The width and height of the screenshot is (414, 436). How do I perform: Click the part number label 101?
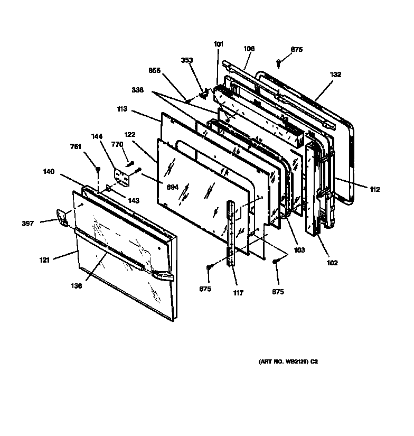(x=219, y=44)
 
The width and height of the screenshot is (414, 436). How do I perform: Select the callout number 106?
(x=249, y=49)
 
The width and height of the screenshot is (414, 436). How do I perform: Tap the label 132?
(x=335, y=75)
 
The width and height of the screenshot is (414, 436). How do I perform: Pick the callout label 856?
(x=154, y=70)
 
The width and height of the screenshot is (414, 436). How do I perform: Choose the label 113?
(x=123, y=110)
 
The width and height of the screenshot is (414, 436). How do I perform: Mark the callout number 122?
(x=130, y=134)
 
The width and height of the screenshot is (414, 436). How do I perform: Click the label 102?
(x=332, y=263)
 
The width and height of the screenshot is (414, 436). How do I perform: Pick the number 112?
(x=374, y=189)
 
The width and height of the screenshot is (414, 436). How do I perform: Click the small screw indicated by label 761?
(x=98, y=169)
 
